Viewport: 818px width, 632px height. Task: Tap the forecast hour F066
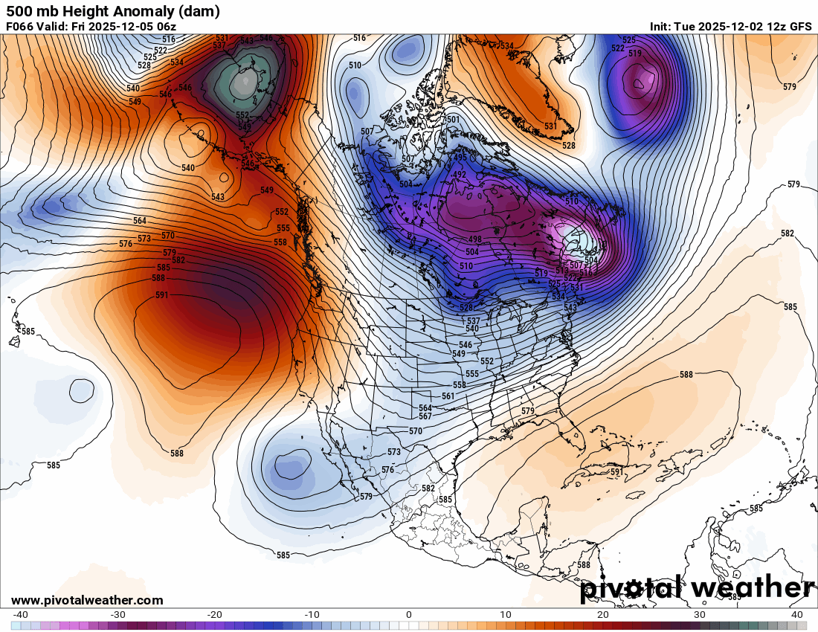click(19, 27)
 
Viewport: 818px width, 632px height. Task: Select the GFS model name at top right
click(799, 27)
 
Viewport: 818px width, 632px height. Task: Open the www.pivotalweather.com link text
click(87, 600)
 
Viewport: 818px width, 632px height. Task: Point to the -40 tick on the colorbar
click(21, 615)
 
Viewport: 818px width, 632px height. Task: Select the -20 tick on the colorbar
click(215, 615)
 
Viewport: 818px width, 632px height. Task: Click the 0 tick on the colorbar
click(409, 615)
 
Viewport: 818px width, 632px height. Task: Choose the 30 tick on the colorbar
click(700, 615)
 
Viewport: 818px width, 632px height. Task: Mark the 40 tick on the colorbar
click(796, 615)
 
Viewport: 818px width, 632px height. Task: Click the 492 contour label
click(460, 175)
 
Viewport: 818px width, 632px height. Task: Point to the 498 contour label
click(475, 239)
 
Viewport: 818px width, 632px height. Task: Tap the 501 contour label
click(452, 120)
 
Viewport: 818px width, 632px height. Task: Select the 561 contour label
click(448, 396)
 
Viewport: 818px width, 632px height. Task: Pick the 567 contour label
click(425, 416)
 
